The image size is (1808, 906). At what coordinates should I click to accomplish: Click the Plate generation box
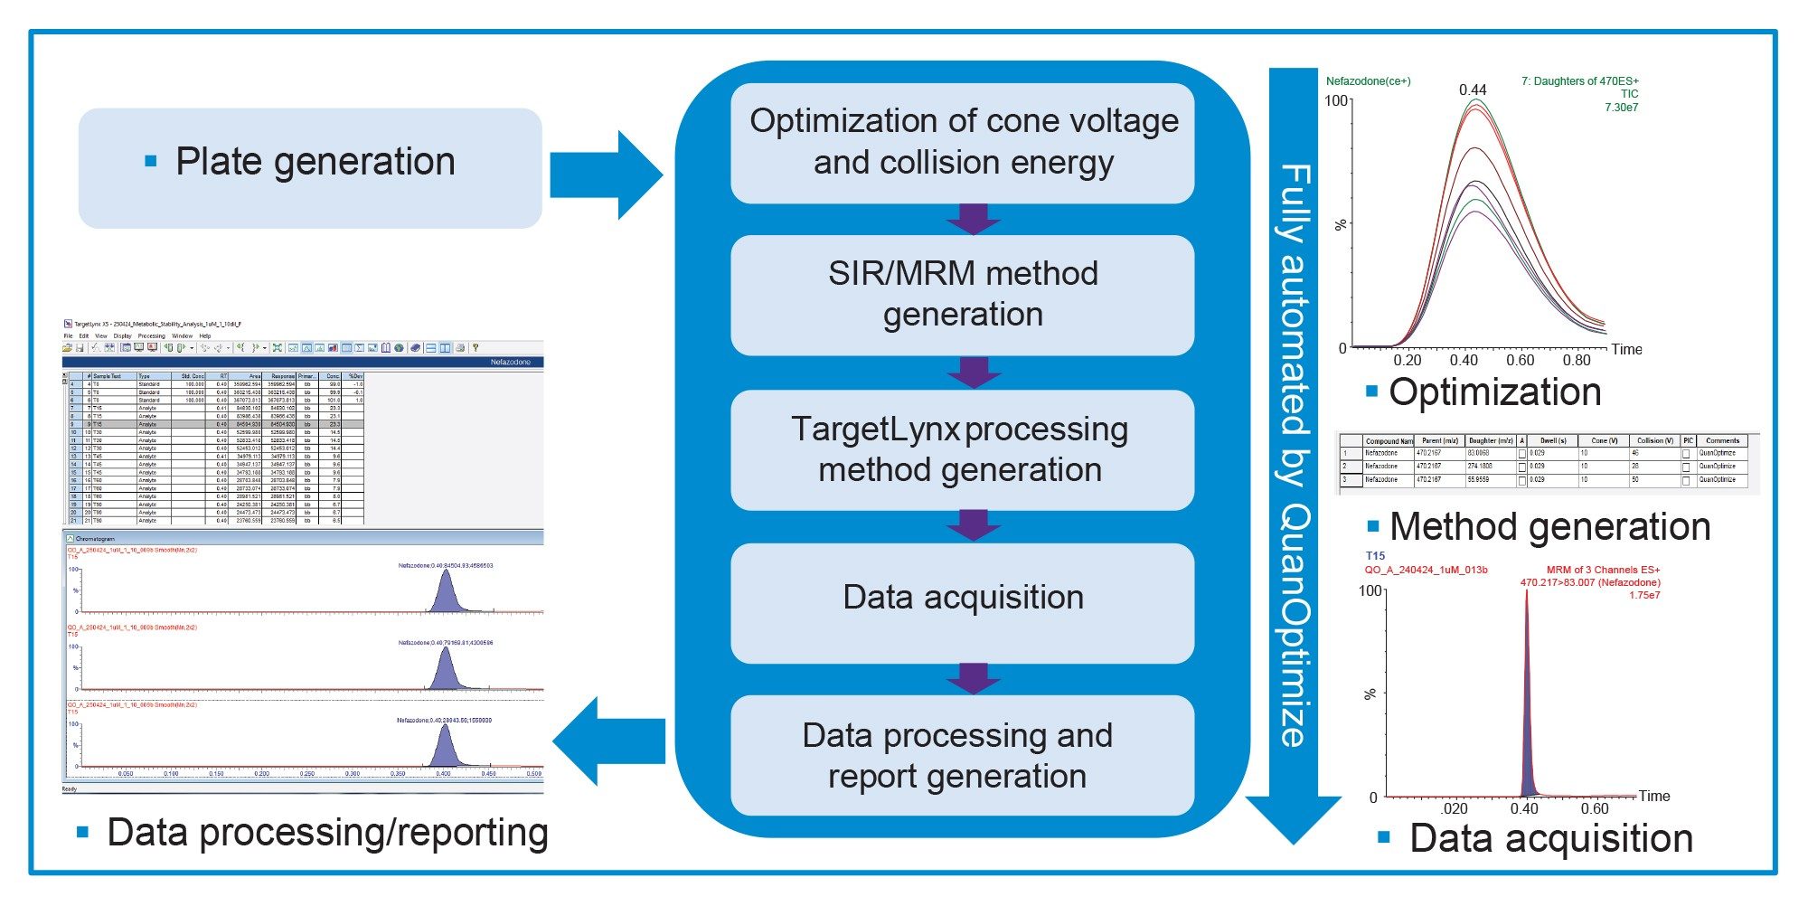[310, 167]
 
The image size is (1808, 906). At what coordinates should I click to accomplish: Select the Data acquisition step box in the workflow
[962, 599]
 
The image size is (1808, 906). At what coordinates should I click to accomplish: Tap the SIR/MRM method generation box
[962, 294]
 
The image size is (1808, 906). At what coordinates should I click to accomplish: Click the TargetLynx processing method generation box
[962, 449]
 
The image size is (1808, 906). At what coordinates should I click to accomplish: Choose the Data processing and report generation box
[962, 756]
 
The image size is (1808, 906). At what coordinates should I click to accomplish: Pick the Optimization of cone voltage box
[962, 142]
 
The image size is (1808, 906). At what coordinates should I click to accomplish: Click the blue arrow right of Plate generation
[605, 175]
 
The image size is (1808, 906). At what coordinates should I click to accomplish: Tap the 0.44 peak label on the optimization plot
[1473, 90]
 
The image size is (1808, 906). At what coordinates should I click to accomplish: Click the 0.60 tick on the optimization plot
[1521, 360]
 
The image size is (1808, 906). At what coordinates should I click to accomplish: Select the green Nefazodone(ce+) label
[1368, 81]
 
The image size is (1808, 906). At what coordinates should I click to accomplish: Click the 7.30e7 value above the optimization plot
[1621, 108]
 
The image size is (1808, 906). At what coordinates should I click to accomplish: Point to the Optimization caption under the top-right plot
[1494, 392]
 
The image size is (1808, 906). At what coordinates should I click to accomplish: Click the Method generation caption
[1549, 527]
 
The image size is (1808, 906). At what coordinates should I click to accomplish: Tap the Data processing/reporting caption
[327, 833]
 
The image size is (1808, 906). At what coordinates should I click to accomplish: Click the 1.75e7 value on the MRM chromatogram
[1644, 596]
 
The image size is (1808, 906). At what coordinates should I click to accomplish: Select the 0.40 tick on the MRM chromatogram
[1524, 808]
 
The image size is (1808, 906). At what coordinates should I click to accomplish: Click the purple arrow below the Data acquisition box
[973, 677]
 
